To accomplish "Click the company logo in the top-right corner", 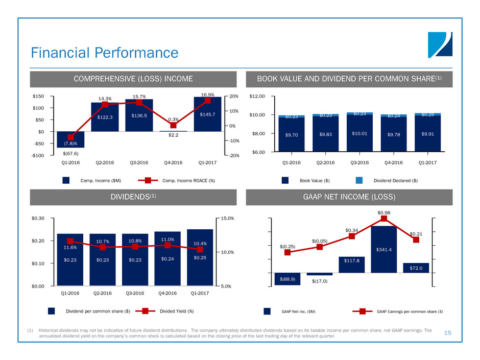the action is click(x=440, y=45).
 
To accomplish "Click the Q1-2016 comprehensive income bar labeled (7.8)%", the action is click(x=70, y=139).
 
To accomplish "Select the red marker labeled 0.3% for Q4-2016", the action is click(x=173, y=125).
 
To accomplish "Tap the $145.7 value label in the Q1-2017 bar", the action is click(x=207, y=114).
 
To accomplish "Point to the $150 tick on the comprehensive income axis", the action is click(x=38, y=96).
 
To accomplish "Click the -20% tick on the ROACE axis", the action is click(x=234, y=156).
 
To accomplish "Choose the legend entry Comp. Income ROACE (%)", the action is click(x=176, y=181).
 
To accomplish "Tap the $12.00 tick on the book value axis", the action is click(x=257, y=96).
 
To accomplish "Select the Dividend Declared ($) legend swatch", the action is click(x=359, y=180).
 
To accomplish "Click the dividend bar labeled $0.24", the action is click(x=167, y=259).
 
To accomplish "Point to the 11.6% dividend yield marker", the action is click(x=70, y=241).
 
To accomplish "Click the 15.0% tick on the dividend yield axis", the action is click(x=227, y=218).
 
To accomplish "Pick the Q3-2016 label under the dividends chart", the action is click(x=135, y=293).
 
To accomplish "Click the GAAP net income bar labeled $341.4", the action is click(x=384, y=249).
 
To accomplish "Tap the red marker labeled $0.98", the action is click(x=384, y=218).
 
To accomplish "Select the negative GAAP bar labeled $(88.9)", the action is click(x=287, y=279).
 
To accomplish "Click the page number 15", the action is click(x=447, y=333).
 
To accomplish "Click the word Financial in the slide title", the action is click(x=60, y=53).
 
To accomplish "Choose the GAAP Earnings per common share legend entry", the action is click(x=398, y=311).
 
